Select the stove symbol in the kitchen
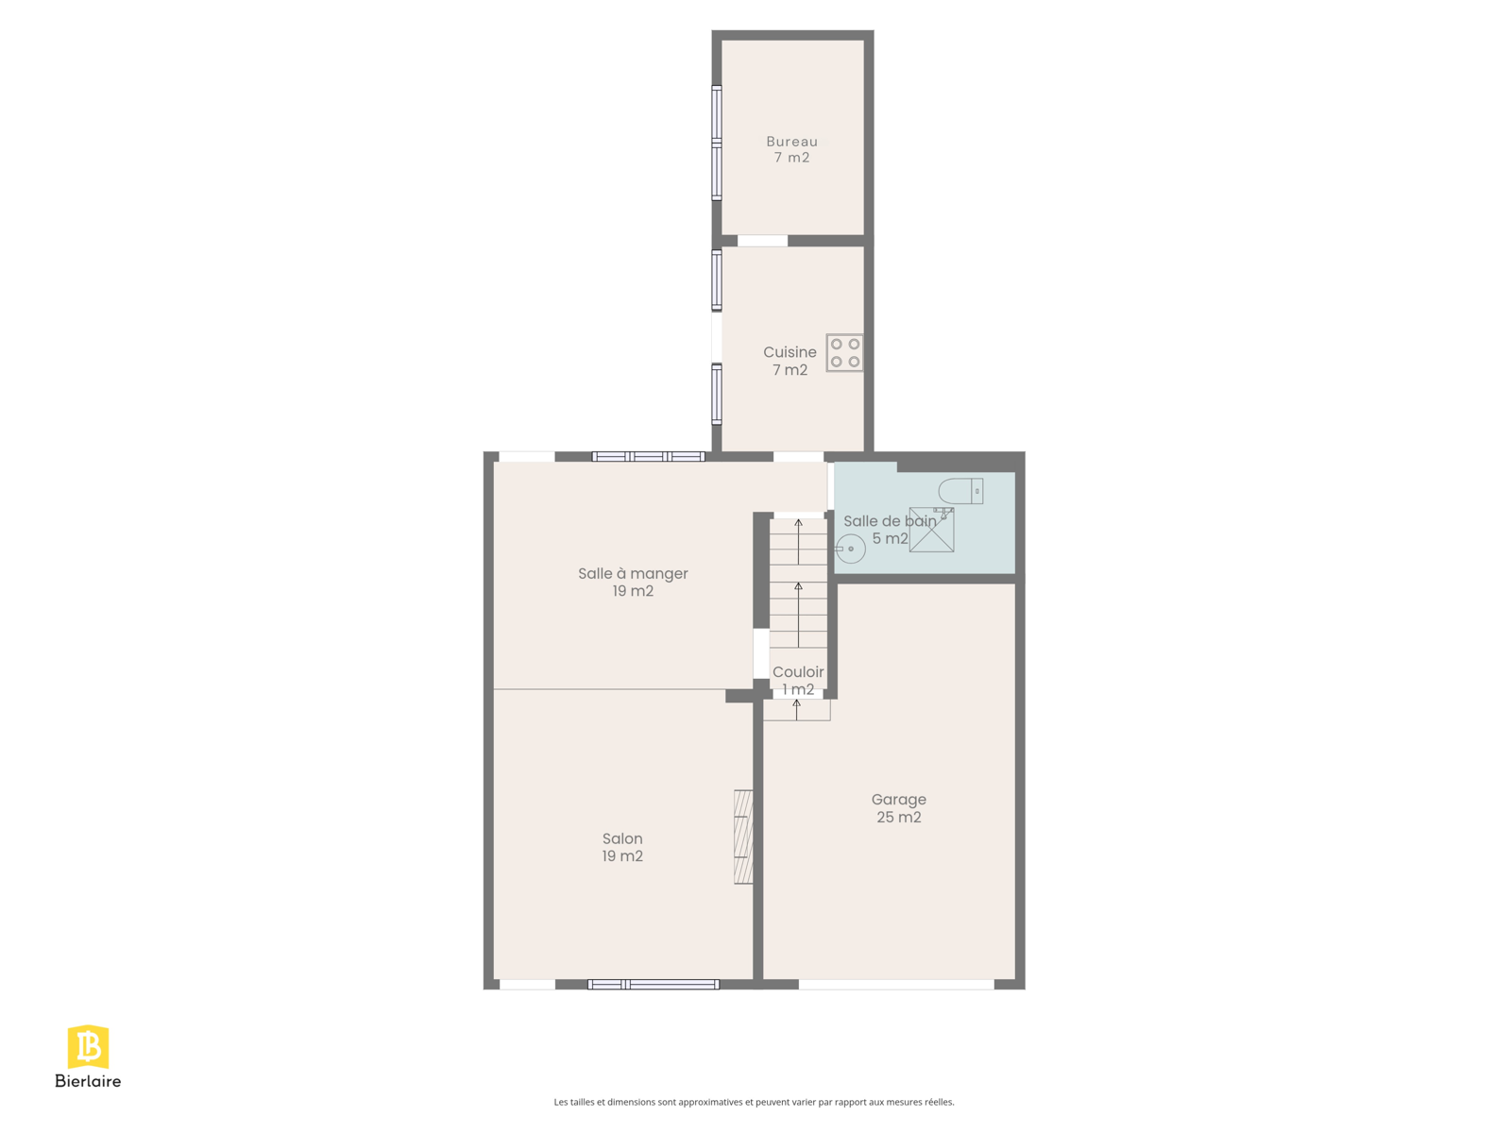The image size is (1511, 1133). (x=844, y=353)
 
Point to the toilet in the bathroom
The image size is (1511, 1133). (x=960, y=491)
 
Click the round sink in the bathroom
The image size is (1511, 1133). (x=851, y=549)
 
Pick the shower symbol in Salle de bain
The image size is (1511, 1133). (x=931, y=530)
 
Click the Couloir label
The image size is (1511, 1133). (x=798, y=672)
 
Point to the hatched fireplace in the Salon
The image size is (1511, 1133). (x=743, y=837)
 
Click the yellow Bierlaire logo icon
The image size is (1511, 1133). (x=88, y=1047)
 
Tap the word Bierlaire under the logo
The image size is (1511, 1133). (x=88, y=1081)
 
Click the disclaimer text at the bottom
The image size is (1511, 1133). (x=754, y=1102)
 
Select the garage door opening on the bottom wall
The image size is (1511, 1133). (x=896, y=985)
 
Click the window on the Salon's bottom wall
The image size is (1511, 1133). (x=654, y=985)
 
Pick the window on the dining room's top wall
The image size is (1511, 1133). (x=649, y=456)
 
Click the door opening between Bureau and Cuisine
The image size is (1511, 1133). (x=763, y=241)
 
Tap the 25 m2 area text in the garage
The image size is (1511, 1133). (x=898, y=818)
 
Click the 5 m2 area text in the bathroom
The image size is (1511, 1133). (x=891, y=538)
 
